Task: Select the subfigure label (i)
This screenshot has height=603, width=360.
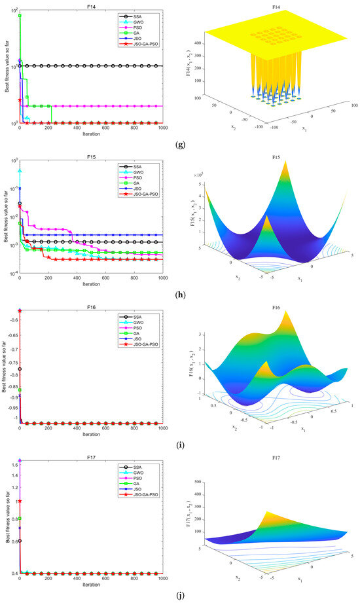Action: coord(180,445)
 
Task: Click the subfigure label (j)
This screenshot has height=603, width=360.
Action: coord(180,596)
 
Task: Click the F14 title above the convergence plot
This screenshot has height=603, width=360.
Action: coord(90,4)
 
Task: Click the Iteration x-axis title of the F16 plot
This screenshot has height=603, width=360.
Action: coord(90,434)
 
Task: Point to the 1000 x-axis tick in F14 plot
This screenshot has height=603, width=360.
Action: coord(162,128)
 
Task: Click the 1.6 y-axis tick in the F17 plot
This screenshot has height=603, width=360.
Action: coord(13,465)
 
